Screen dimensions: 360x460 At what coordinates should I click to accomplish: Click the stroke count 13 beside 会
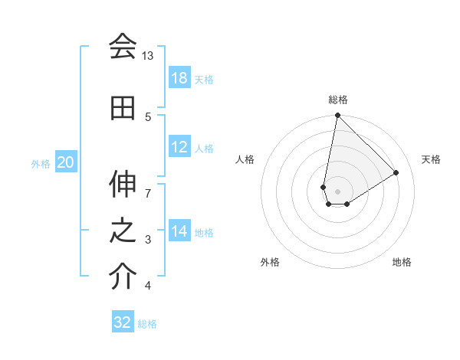[148, 57]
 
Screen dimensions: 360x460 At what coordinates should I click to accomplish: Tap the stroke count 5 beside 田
[148, 117]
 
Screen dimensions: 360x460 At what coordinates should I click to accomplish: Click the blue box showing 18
[179, 78]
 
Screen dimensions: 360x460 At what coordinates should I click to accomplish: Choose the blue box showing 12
[179, 147]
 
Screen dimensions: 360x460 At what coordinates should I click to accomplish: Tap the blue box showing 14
[179, 231]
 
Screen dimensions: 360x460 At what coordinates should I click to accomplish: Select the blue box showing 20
[66, 162]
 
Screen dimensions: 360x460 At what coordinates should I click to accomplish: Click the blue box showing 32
[123, 322]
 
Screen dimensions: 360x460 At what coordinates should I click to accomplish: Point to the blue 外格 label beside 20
[41, 163]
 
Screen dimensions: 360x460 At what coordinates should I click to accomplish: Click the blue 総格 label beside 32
[147, 324]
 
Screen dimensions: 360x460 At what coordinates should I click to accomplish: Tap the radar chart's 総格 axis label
[337, 100]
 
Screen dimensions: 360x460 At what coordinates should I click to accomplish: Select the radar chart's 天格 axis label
[431, 159]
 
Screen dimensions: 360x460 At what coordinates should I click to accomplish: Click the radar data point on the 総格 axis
[337, 116]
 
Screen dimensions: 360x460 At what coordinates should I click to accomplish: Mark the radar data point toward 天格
[396, 172]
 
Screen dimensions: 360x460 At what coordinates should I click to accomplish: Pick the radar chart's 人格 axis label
[245, 159]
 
